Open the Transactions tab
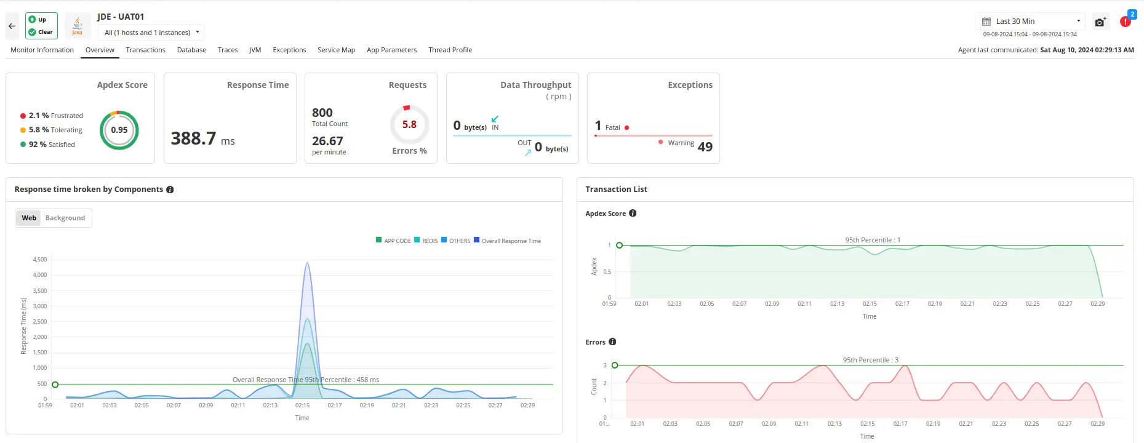pyautogui.click(x=145, y=50)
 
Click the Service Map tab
pyautogui.click(x=336, y=50)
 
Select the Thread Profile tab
pyautogui.click(x=450, y=50)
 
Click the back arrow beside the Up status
pyautogui.click(x=12, y=26)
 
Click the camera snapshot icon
pyautogui.click(x=1100, y=22)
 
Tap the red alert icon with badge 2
pyautogui.click(x=1126, y=22)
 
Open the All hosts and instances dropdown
pyautogui.click(x=151, y=33)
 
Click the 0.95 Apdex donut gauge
pyautogui.click(x=119, y=130)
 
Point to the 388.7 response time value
pyautogui.click(x=194, y=138)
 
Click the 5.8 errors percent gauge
pyautogui.click(x=409, y=124)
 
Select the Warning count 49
pyautogui.click(x=705, y=146)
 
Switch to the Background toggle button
pyautogui.click(x=65, y=218)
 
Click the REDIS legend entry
pyautogui.click(x=426, y=241)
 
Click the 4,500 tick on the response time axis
pyautogui.click(x=39, y=260)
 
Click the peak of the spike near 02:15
pyautogui.click(x=307, y=263)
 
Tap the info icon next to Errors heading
pyautogui.click(x=612, y=342)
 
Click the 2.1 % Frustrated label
pyautogui.click(x=55, y=116)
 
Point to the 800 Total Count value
pyautogui.click(x=322, y=113)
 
